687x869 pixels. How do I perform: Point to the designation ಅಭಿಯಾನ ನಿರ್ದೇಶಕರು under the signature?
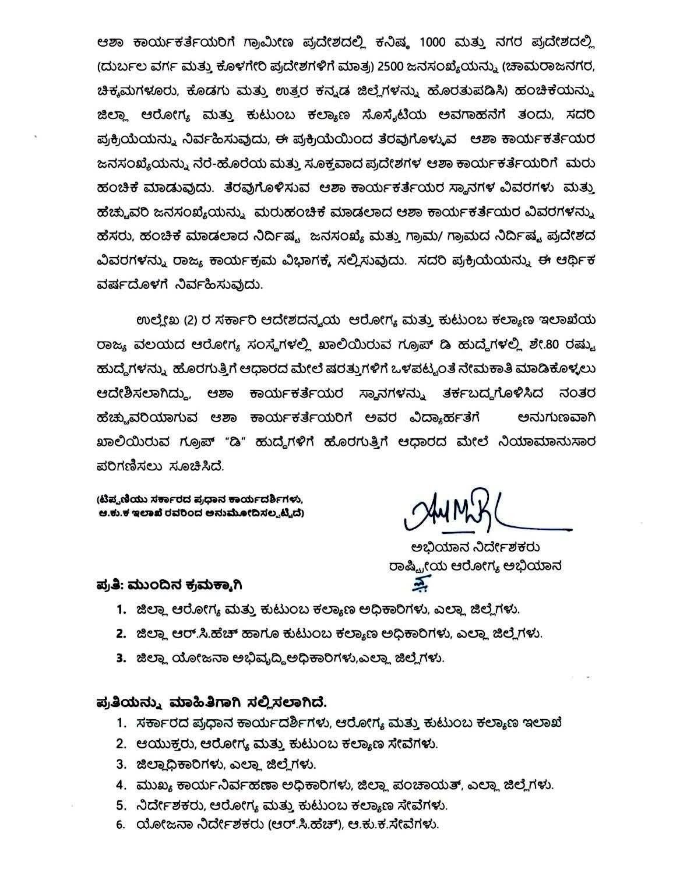pos(475,547)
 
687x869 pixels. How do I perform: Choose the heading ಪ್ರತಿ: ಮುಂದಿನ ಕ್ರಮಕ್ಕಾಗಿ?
pos(168,584)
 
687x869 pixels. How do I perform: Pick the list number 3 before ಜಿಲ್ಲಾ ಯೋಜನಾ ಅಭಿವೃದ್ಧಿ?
pos(121,659)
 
